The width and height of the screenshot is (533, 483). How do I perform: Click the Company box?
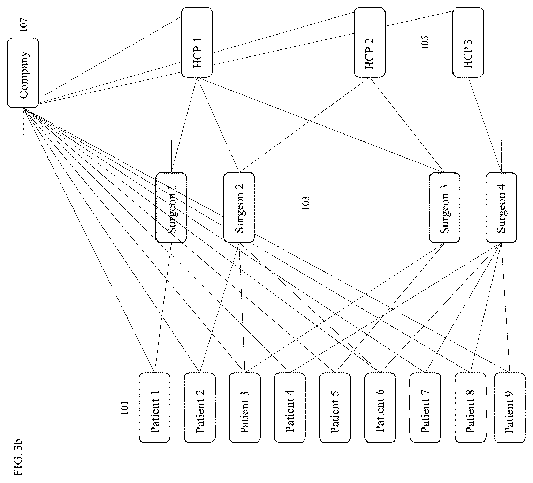coord(23,73)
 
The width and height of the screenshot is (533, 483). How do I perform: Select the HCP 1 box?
coord(197,42)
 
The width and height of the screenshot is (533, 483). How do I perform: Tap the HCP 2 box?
coord(370,42)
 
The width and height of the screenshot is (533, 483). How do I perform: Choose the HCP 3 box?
coord(468,42)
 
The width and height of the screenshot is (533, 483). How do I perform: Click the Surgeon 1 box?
coord(171,207)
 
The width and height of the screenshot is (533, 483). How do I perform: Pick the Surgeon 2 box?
coord(239,207)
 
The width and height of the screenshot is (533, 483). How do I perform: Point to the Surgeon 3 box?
coord(444,207)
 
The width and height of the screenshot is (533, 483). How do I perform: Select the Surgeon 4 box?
coord(501,207)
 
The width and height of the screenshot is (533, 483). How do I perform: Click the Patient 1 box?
coord(155,407)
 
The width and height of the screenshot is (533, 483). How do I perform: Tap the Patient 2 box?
coord(200,407)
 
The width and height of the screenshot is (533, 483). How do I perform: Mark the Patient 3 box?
coord(245,407)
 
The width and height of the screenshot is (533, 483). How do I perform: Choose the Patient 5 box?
coord(335,407)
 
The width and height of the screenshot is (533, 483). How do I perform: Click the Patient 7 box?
coord(425,407)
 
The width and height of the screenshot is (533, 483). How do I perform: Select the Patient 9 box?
coord(510,407)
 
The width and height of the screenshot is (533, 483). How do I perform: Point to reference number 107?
coord(24,25)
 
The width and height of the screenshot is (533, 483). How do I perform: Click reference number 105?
coord(425,43)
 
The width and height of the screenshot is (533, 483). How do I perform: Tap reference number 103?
coord(306,203)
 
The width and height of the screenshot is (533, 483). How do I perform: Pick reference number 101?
coord(124,407)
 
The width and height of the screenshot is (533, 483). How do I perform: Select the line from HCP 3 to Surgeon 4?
coord(485,125)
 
